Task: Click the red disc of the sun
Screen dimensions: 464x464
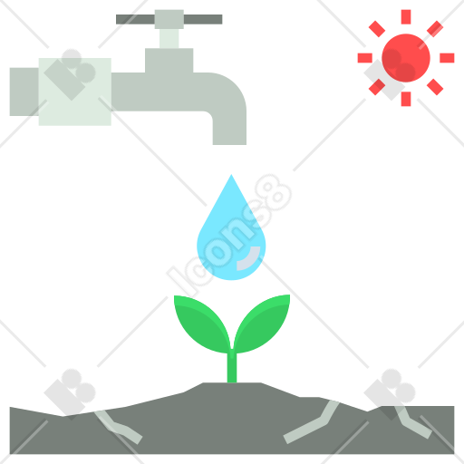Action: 406,58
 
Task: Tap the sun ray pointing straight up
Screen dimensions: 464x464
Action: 406,16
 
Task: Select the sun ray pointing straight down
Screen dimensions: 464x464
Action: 406,99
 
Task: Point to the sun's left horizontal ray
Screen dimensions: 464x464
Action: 364,58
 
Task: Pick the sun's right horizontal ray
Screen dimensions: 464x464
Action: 447,58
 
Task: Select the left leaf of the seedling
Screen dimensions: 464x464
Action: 202,324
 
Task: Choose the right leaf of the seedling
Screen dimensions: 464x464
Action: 262,323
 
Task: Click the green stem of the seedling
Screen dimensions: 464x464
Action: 232,366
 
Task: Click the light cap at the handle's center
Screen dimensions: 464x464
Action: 169,19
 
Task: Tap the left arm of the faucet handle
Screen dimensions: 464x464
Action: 135,19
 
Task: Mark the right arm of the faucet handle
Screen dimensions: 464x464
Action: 203,19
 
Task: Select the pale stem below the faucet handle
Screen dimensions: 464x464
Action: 169,39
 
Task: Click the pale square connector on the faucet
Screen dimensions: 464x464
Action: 75,92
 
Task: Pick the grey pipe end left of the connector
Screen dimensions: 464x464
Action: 24,92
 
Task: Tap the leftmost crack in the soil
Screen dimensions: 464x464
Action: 119,427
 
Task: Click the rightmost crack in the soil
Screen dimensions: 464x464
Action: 412,422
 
